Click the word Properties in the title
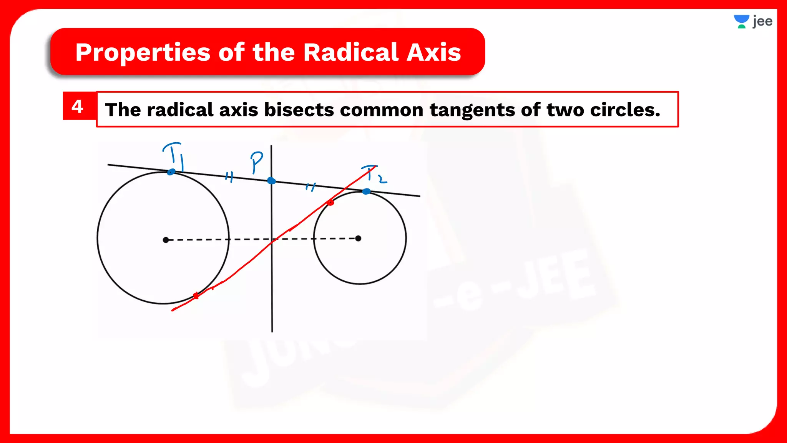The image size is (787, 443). tap(143, 52)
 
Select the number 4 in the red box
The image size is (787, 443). tap(78, 107)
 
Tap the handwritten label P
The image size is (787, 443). tap(256, 162)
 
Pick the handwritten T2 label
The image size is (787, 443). tap(373, 174)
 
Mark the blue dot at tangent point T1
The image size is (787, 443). tap(171, 172)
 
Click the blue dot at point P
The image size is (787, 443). tap(271, 181)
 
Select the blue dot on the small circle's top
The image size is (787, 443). tap(367, 191)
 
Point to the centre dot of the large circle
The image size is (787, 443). tap(166, 240)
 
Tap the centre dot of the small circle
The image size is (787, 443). tap(358, 238)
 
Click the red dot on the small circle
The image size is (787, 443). tap(330, 203)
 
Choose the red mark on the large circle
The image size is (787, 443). tap(196, 295)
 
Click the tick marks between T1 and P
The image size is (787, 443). tap(229, 177)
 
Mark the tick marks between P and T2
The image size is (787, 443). tap(310, 187)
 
